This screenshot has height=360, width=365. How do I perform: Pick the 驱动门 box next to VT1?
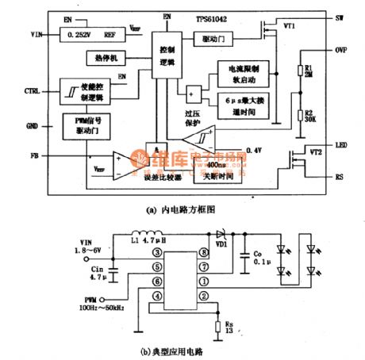coord(207,38)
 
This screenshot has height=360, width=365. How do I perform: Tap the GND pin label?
coord(31,126)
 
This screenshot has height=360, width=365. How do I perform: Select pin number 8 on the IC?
coord(205,252)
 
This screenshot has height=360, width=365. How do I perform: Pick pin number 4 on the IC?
coord(158,295)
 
